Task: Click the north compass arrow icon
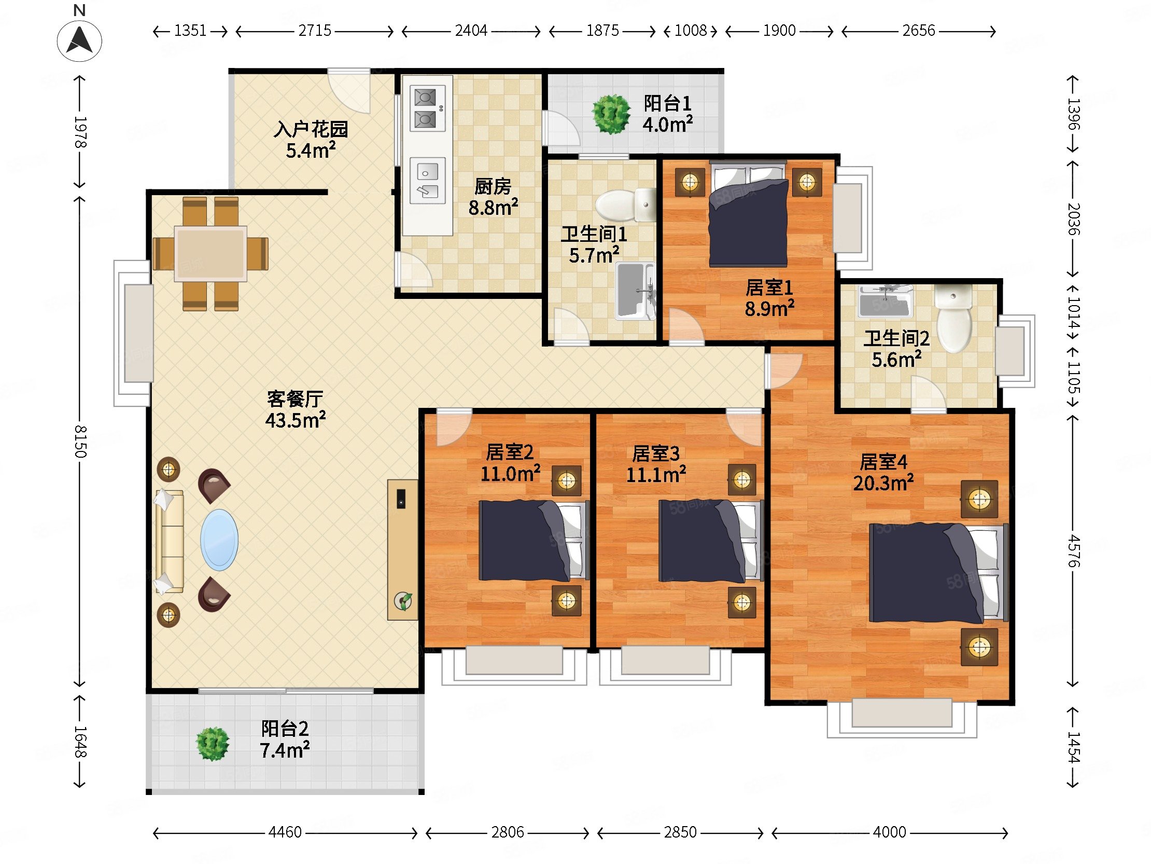(x=80, y=40)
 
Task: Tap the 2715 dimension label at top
(x=315, y=31)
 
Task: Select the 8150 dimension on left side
(x=80, y=442)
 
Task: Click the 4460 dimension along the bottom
(x=285, y=832)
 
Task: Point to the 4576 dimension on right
(x=1073, y=551)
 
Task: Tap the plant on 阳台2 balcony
(x=212, y=744)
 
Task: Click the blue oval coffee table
(x=219, y=540)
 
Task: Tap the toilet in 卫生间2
(x=953, y=318)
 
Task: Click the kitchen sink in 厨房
(x=427, y=180)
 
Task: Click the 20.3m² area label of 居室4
(x=883, y=483)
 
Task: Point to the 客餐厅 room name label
(x=295, y=399)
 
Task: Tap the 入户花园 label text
(x=311, y=129)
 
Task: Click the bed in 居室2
(x=534, y=541)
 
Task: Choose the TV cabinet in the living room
(x=402, y=550)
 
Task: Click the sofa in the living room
(x=169, y=542)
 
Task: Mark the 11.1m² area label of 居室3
(x=656, y=474)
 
